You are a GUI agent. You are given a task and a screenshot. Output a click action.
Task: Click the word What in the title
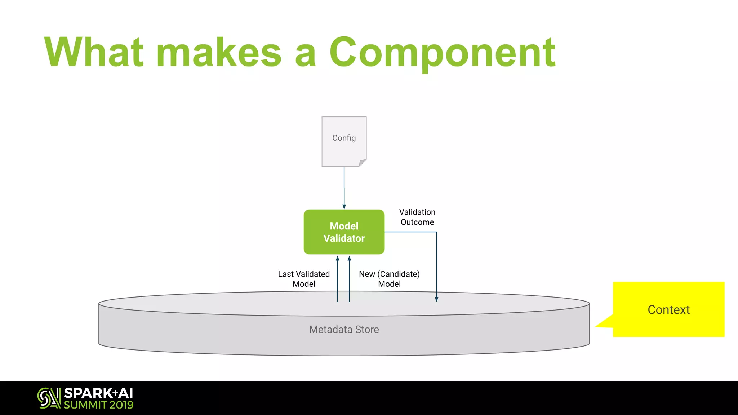point(94,52)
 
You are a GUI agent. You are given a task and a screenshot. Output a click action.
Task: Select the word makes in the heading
point(219,52)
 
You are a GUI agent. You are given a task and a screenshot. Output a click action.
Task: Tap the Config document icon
point(344,141)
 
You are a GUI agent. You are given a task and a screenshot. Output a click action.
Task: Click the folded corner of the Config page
point(363,163)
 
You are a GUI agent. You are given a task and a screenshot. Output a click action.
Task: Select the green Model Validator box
point(344,232)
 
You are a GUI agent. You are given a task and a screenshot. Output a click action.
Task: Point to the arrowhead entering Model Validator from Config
point(344,207)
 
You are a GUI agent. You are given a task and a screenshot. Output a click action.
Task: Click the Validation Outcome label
point(417,217)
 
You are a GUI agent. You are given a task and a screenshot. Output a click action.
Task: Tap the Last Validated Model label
point(304,279)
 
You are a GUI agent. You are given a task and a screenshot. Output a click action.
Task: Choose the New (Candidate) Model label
point(389,279)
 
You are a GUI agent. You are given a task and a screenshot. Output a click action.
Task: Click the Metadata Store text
point(344,329)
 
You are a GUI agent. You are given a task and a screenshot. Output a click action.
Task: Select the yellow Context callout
point(668,309)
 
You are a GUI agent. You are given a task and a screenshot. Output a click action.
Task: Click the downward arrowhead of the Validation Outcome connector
point(436,299)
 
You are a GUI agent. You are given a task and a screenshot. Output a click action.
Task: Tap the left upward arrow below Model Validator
point(338,277)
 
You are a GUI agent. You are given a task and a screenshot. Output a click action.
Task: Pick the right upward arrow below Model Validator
point(349,277)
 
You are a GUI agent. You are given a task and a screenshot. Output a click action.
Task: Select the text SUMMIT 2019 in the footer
point(98,405)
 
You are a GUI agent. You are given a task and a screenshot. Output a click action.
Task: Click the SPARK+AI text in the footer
point(98,393)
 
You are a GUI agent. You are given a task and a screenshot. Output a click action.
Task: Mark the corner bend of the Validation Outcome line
point(436,232)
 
